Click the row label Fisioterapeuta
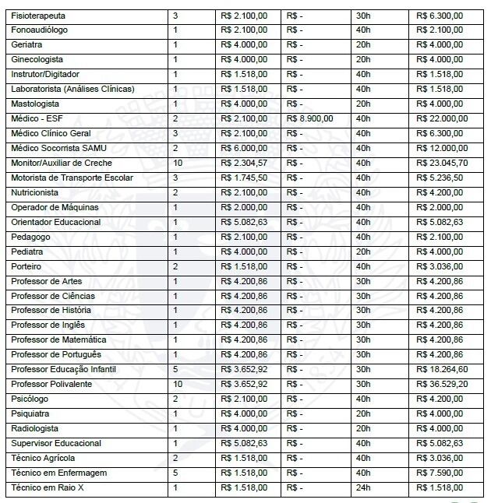(x=38, y=16)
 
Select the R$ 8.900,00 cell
(x=310, y=118)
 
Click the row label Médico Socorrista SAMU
(x=57, y=148)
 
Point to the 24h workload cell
(x=362, y=487)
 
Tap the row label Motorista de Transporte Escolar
(x=72, y=178)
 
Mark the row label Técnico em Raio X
(x=46, y=487)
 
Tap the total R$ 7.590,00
(x=440, y=473)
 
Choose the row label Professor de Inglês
(x=48, y=325)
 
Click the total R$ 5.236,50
(x=440, y=178)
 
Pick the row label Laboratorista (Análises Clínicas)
(x=73, y=89)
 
